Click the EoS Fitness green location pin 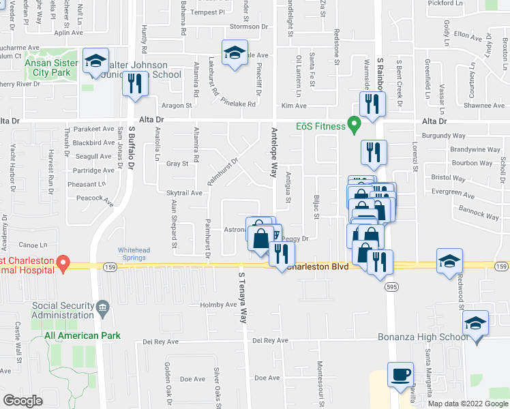coord(353,125)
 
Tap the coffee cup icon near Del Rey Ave coord(400,374)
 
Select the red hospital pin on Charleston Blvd coord(62,262)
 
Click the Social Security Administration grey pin coord(103,307)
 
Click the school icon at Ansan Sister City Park coord(96,60)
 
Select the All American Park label coord(82,335)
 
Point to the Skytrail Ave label coord(184,193)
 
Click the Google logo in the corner coord(23,401)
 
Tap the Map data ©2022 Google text coord(468,404)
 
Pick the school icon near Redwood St coord(449,261)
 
